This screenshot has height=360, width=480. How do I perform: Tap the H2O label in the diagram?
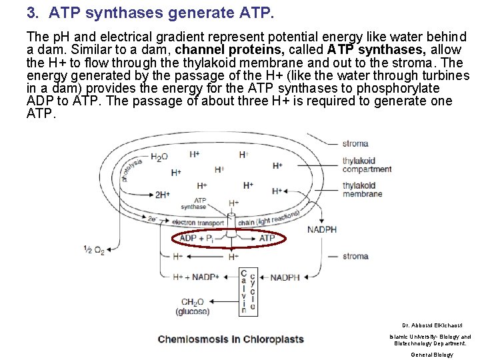tap(159, 157)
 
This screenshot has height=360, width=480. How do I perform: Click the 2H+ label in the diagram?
tap(163, 195)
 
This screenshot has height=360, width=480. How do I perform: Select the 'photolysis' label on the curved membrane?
tap(131, 170)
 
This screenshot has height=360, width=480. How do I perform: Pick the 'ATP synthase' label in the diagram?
tap(200, 203)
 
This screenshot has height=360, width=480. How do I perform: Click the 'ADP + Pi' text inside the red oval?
tap(197, 238)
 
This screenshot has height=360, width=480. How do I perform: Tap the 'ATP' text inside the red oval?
tap(267, 238)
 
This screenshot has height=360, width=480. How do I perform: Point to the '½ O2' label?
tap(93, 250)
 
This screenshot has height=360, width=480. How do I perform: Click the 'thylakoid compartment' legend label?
tap(367, 165)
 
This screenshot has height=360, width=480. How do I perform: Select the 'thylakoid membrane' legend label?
tap(363, 189)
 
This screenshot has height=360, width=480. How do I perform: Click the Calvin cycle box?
tap(248, 291)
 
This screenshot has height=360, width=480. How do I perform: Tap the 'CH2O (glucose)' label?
tap(193, 307)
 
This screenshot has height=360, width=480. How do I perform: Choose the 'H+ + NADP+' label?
tap(196, 277)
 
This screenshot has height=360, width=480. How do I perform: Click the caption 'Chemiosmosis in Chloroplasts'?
tap(231, 339)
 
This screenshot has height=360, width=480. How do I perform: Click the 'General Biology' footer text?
tap(431, 355)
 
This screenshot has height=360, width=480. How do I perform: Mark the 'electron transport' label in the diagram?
tap(197, 222)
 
